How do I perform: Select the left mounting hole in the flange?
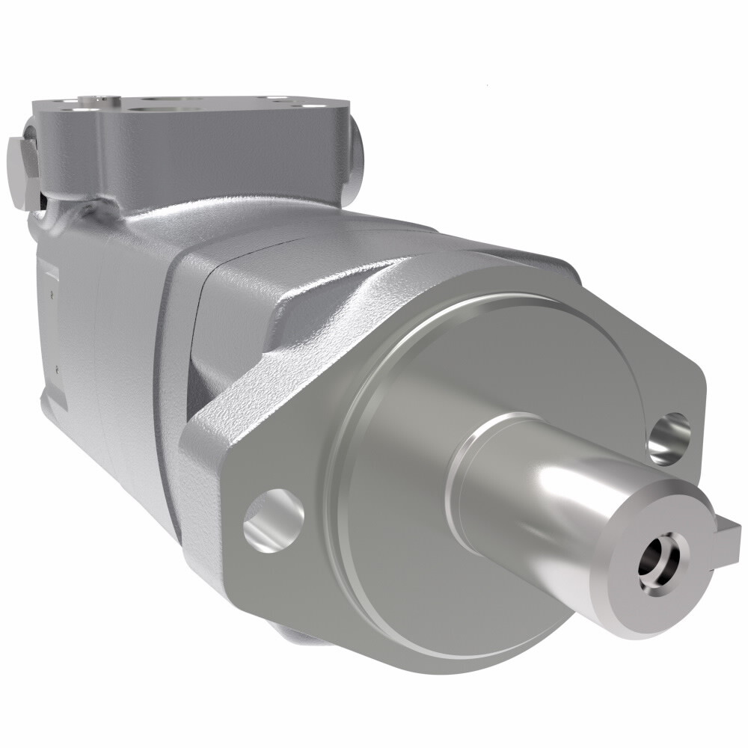(273, 521)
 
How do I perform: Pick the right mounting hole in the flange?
(669, 437)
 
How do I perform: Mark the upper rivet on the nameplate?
(52, 294)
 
